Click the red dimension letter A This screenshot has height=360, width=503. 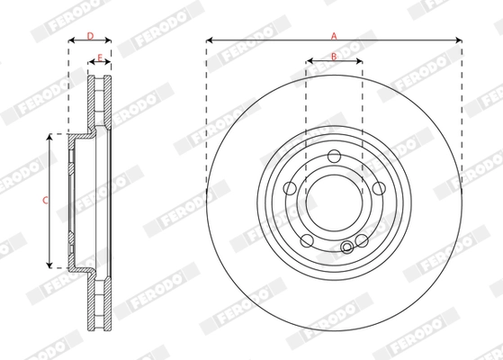[334, 35]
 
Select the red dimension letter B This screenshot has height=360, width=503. [334, 57]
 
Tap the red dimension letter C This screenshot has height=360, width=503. [46, 200]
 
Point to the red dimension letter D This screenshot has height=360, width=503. [89, 35]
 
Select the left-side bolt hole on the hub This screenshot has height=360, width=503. [290, 187]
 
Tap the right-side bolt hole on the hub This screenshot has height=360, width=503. [379, 187]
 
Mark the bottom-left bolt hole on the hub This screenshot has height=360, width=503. [307, 240]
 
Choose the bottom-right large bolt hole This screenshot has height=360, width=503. [362, 240]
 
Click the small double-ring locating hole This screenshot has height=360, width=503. [347, 247]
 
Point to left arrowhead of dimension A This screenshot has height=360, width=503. [210, 40]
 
